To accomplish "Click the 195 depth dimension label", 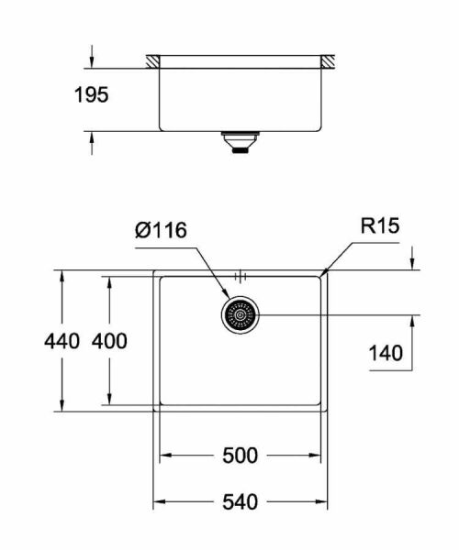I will [x=91, y=94].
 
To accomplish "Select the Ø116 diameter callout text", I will [x=162, y=231].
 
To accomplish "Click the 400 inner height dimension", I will [x=109, y=341].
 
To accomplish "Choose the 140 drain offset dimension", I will [x=385, y=352].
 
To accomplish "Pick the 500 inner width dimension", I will [x=240, y=456].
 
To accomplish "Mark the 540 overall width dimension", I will [x=240, y=502].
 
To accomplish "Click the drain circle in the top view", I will [x=241, y=315].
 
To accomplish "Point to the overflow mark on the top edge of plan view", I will [x=241, y=274].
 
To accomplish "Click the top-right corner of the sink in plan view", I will [x=327, y=271].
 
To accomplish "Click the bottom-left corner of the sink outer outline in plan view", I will [x=153, y=412].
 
